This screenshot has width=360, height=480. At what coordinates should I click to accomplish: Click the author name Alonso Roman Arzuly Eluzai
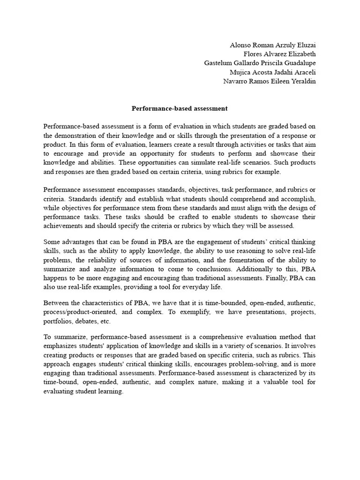tap(272, 45)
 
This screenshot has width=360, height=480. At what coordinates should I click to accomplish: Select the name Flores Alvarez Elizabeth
tap(280, 54)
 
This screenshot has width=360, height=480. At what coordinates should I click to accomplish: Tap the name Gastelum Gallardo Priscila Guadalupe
tap(260, 63)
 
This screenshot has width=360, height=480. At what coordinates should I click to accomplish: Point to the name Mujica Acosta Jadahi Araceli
tap(272, 72)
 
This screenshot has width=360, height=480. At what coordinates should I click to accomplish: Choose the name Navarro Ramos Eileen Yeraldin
tap(270, 81)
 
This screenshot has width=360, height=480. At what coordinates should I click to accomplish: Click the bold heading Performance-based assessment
tap(180, 108)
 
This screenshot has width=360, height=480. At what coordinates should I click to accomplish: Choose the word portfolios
tap(57, 321)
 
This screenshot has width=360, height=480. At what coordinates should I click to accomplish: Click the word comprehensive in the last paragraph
tap(224, 337)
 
